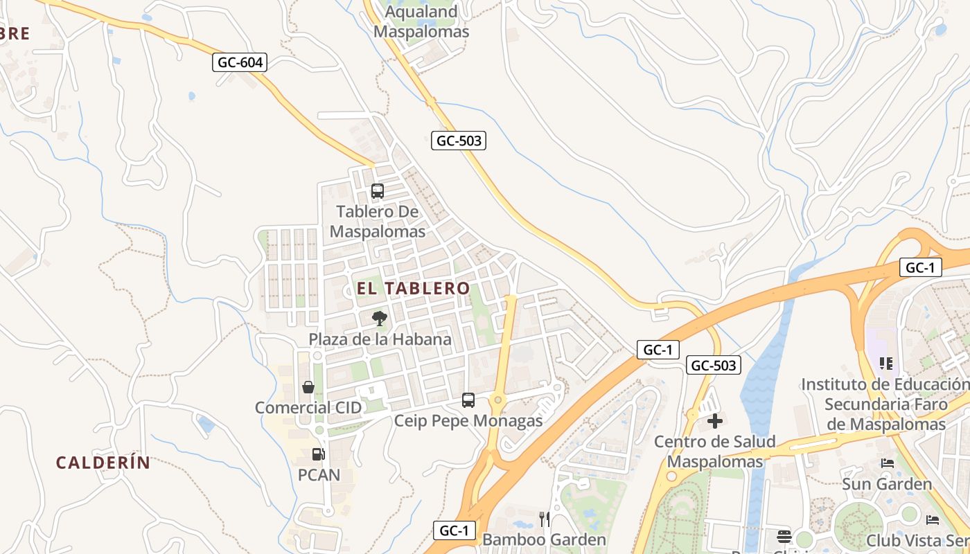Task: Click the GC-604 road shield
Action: pyautogui.click(x=240, y=62)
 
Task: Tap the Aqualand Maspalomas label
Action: pyautogui.click(x=421, y=22)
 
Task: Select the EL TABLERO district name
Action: pyautogui.click(x=413, y=288)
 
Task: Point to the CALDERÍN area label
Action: pyautogui.click(x=103, y=463)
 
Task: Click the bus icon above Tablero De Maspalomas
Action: pyautogui.click(x=378, y=191)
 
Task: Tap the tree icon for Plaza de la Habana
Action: pyautogui.click(x=379, y=319)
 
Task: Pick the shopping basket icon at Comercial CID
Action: pyautogui.click(x=308, y=387)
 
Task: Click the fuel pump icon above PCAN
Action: pyautogui.click(x=319, y=454)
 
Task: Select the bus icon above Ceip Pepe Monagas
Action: pyautogui.click(x=468, y=400)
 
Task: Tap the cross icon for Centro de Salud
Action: pyautogui.click(x=715, y=421)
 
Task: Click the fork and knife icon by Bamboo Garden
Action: pyautogui.click(x=545, y=519)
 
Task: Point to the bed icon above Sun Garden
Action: pyautogui.click(x=887, y=463)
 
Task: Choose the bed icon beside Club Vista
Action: pyautogui.click(x=933, y=519)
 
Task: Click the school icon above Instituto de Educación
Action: pyautogui.click(x=885, y=364)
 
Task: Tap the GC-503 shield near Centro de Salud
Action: pyautogui.click(x=714, y=365)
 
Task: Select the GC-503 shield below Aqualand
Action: pyautogui.click(x=459, y=141)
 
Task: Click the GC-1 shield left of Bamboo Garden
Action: pyautogui.click(x=455, y=530)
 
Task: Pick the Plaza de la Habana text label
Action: pyautogui.click(x=380, y=339)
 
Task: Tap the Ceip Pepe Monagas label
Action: pyautogui.click(x=468, y=420)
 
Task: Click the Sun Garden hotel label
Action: pyautogui.click(x=887, y=483)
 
